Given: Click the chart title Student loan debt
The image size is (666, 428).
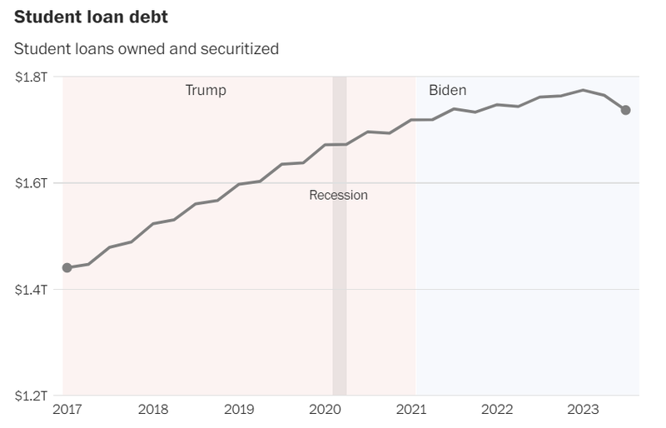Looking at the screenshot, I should click(x=91, y=17).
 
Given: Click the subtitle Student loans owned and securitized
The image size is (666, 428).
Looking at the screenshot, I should click(x=146, y=48).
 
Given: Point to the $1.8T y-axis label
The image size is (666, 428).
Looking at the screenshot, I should click(x=32, y=77).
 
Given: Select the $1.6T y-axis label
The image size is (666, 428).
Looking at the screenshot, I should click(x=32, y=182).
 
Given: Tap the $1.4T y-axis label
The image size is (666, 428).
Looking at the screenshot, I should click(x=32, y=289).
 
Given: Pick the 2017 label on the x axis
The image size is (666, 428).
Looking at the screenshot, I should click(x=67, y=409).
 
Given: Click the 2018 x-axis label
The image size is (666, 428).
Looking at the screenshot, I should click(x=153, y=409).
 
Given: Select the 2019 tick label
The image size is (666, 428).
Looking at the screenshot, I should click(x=239, y=409).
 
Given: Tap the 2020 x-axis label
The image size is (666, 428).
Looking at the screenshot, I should click(x=326, y=409).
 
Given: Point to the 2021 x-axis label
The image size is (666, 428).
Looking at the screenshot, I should click(x=411, y=409).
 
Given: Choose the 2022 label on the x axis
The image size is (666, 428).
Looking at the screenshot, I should click(x=497, y=409).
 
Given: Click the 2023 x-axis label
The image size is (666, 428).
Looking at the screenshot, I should click(x=583, y=409).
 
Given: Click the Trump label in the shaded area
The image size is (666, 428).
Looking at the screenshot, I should click(x=205, y=90).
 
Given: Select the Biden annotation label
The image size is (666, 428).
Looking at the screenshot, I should click(x=447, y=90).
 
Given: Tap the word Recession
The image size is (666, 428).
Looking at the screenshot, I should click(x=338, y=195).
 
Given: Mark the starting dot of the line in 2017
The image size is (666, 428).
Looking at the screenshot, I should click(x=67, y=267).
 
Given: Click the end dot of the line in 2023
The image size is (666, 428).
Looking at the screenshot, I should click(x=625, y=110).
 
